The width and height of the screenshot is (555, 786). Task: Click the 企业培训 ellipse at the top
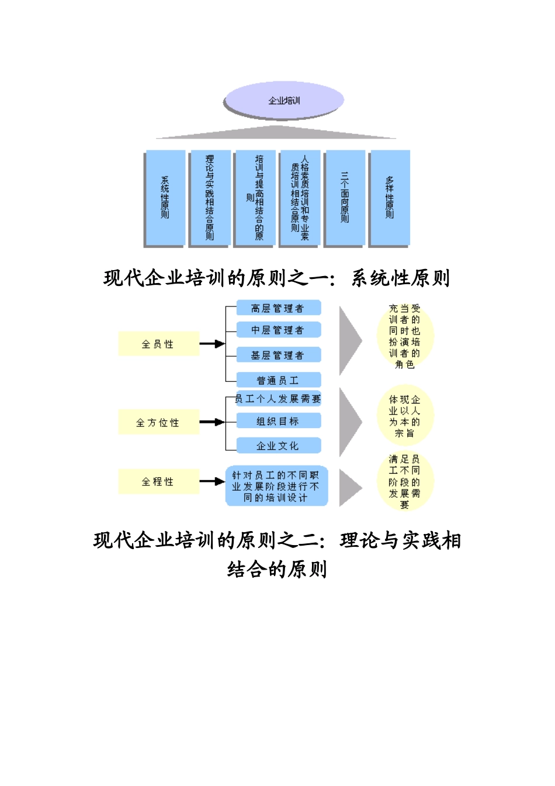click(283, 101)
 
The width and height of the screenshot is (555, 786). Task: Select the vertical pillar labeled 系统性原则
click(165, 197)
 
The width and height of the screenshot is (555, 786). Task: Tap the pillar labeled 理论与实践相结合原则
click(210, 197)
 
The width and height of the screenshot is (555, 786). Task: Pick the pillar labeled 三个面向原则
click(345, 197)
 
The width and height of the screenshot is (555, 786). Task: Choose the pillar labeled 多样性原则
click(390, 197)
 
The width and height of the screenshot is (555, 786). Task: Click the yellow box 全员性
click(158, 344)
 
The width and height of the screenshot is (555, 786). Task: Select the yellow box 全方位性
click(158, 422)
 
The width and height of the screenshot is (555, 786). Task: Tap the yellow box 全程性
click(158, 481)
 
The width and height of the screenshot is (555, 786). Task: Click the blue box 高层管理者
click(278, 308)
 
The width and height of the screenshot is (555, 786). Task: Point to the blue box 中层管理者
click(278, 330)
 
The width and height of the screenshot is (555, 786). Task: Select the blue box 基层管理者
click(278, 355)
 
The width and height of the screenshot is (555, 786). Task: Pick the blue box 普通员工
click(278, 380)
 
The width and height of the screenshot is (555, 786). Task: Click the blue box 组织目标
click(278, 421)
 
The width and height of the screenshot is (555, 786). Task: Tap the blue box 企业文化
click(278, 446)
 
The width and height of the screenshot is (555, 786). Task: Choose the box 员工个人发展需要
click(278, 399)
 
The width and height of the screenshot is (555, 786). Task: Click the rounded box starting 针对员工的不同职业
click(276, 486)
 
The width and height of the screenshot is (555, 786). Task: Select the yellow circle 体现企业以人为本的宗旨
click(405, 416)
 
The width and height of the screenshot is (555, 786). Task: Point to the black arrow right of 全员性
click(211, 344)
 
